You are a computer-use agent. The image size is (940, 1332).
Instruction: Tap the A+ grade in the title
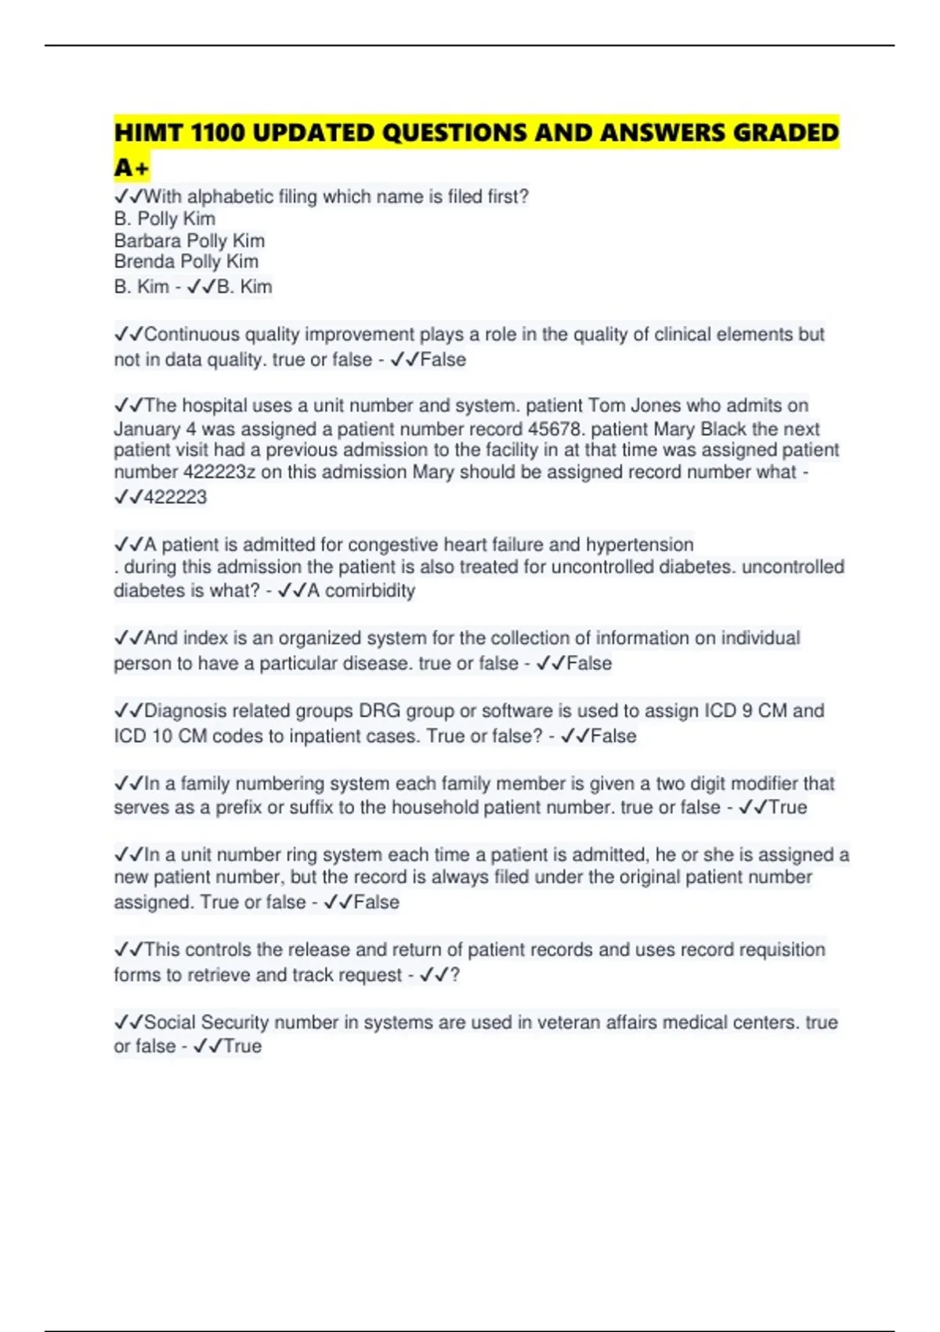click(x=131, y=168)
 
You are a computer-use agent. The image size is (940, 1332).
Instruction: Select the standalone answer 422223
click(x=175, y=497)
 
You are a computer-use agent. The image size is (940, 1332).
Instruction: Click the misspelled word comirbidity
click(x=370, y=590)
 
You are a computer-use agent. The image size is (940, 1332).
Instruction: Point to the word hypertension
click(x=639, y=545)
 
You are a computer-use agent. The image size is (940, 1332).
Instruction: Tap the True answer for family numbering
click(x=787, y=807)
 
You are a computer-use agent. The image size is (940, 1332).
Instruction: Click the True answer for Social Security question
click(x=243, y=1046)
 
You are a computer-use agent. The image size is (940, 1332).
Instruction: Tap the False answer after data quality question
click(x=443, y=360)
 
